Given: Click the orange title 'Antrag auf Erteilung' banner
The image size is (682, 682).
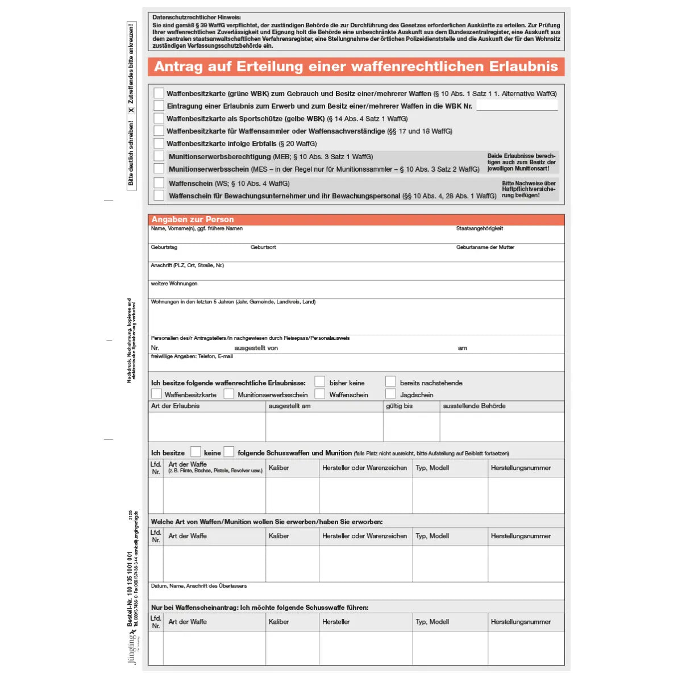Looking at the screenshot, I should [x=356, y=66].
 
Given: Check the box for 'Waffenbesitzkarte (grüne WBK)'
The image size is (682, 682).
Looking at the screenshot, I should [x=159, y=93].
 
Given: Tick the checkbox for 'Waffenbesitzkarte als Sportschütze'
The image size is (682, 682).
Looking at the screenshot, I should [x=159, y=118].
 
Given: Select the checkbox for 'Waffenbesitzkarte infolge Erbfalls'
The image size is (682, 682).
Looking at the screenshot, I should [x=159, y=143].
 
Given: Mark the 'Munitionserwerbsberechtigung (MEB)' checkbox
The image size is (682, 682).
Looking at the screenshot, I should [x=159, y=156].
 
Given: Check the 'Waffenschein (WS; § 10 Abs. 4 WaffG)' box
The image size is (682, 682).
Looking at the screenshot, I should [x=159, y=183].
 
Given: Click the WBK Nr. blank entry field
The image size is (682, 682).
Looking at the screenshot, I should [x=516, y=106].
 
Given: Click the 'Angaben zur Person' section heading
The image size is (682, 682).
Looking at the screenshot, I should [x=193, y=219].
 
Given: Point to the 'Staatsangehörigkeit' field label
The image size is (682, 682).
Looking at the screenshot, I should [x=479, y=228].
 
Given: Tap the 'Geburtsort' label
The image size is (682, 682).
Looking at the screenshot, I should [x=263, y=247].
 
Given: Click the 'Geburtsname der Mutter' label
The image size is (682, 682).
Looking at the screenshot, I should [x=485, y=247].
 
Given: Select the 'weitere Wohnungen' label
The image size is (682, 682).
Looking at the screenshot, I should [x=174, y=284].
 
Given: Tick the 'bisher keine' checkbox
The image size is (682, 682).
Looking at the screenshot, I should [x=320, y=381].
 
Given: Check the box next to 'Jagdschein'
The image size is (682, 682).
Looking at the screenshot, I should [x=390, y=394].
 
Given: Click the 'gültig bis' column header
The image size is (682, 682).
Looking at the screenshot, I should [x=399, y=406].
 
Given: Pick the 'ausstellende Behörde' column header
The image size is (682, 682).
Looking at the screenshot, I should [x=474, y=406].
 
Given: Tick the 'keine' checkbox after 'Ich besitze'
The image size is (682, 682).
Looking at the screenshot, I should [x=196, y=452].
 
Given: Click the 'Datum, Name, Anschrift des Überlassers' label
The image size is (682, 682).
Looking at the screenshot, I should [x=198, y=585].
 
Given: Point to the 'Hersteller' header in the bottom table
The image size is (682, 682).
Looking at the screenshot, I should [x=336, y=622].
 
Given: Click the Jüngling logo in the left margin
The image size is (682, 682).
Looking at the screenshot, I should [x=133, y=648].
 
